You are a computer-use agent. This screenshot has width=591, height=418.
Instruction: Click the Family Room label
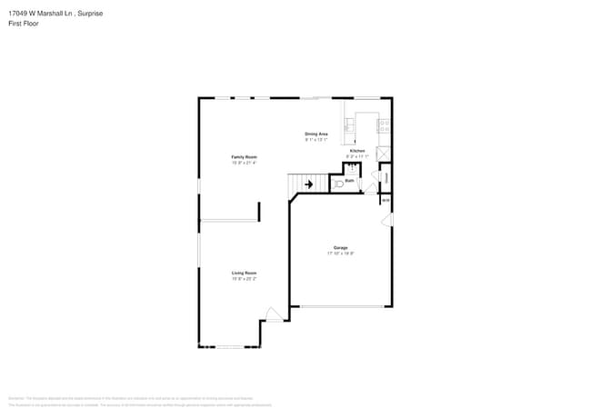[244, 157]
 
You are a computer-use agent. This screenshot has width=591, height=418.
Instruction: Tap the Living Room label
[244, 273]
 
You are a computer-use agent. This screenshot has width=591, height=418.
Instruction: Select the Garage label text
[340, 247]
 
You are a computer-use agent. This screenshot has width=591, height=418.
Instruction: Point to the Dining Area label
[316, 134]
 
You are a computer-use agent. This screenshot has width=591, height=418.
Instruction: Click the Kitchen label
[357, 150]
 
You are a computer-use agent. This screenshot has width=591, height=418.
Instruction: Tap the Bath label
[349, 180]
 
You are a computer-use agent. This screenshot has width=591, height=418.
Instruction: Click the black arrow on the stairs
[308, 184]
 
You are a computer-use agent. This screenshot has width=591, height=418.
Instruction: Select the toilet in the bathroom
[338, 184]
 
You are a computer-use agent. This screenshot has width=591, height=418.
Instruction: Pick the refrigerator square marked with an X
[386, 153]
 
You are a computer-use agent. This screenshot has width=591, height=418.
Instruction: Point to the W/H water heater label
[386, 200]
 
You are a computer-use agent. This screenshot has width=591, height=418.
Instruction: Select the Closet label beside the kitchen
[386, 177]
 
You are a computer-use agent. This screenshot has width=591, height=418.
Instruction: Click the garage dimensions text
[340, 254]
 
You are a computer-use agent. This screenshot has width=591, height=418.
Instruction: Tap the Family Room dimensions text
[244, 164]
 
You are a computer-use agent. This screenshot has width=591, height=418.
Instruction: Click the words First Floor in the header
[24, 23]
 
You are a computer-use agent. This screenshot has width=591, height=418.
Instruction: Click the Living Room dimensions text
[244, 279]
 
